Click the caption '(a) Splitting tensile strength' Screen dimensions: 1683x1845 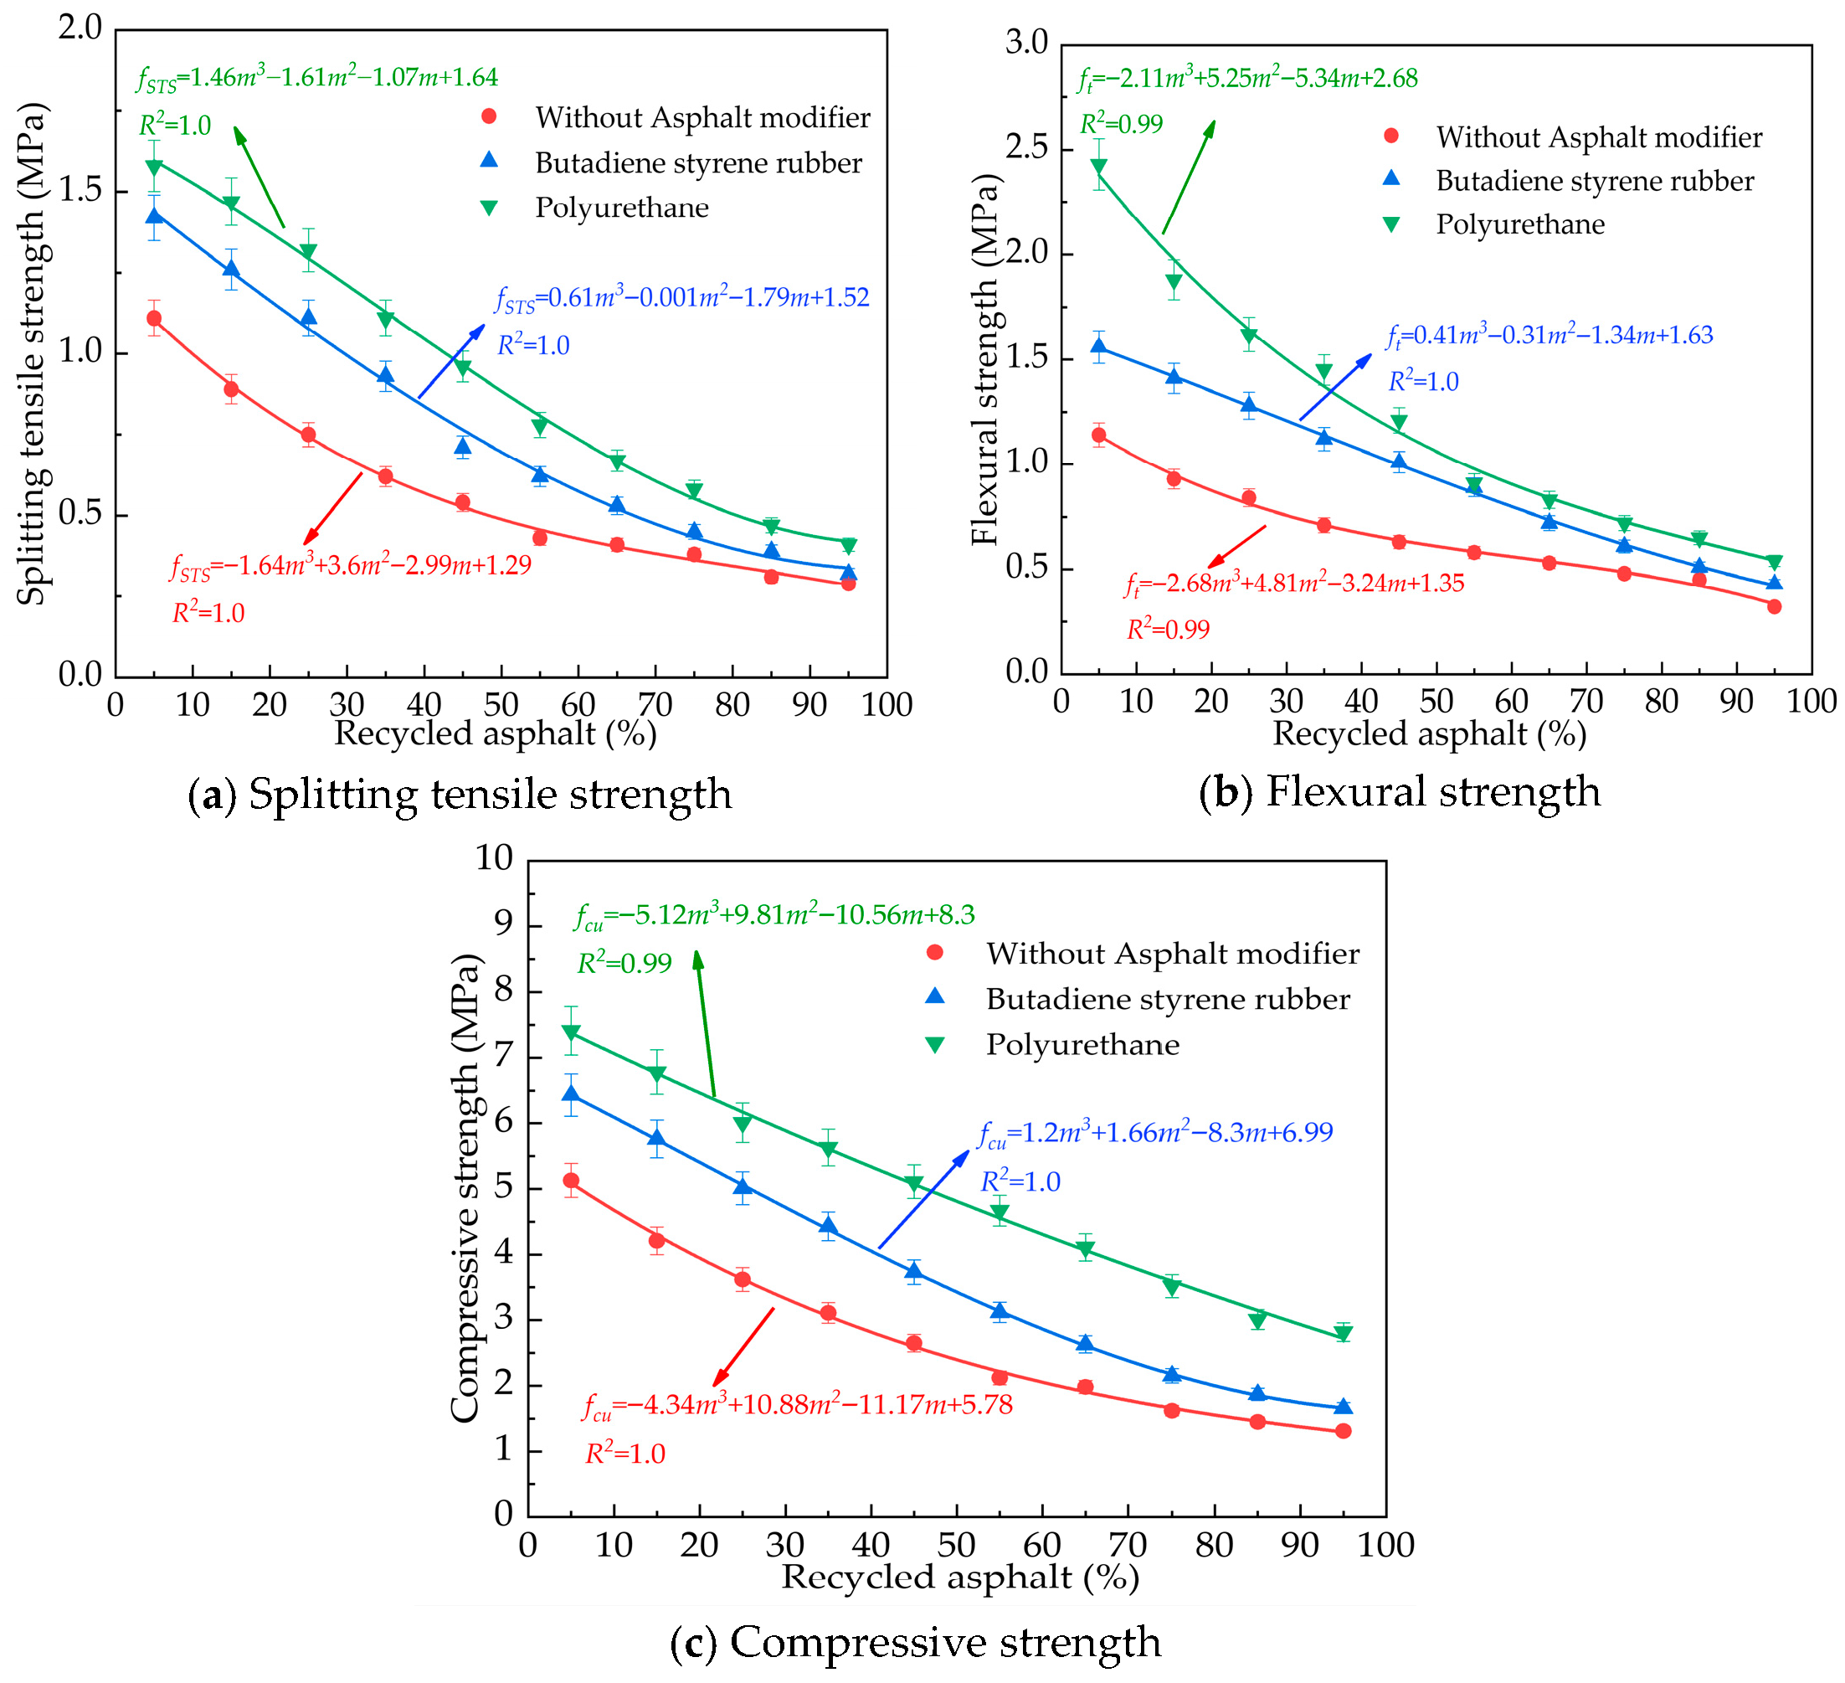[x=460, y=794]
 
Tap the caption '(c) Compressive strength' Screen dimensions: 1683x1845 [x=916, y=1641]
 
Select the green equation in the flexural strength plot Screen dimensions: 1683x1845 [x=1247, y=80]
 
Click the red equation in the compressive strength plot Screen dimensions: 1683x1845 [x=797, y=1405]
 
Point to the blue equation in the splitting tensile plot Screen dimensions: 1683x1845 [x=681, y=298]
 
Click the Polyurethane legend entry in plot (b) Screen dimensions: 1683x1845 [x=1519, y=224]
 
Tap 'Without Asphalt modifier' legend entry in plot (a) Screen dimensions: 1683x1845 [x=702, y=117]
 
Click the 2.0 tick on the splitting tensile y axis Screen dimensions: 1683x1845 [x=80, y=28]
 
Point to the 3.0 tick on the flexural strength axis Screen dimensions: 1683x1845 [x=1026, y=42]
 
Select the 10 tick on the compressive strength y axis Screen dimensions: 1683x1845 [x=494, y=857]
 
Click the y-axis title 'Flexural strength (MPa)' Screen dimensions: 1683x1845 [x=985, y=358]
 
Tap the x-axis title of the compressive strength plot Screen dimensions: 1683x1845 [x=959, y=1577]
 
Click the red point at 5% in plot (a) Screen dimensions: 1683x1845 [x=154, y=318]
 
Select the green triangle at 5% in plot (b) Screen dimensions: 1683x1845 [x=1098, y=167]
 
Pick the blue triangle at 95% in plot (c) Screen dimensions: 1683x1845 [x=1343, y=1407]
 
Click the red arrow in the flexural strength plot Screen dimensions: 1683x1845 [x=1236, y=548]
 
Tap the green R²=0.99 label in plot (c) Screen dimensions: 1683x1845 [x=624, y=964]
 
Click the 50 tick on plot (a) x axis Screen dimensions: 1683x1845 [x=501, y=705]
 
